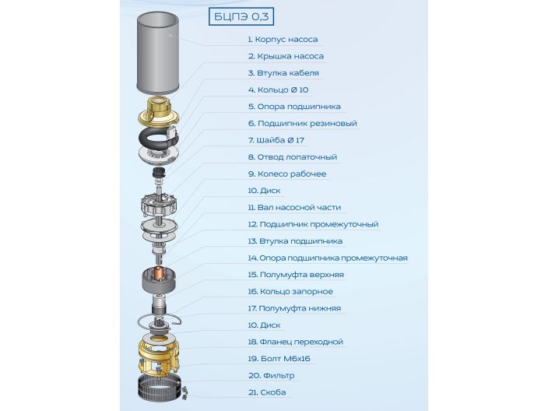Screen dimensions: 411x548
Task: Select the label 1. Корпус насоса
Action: (x=283, y=40)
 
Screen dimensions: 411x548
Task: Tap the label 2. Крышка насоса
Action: (x=286, y=57)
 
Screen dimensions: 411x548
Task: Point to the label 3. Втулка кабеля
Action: (x=283, y=73)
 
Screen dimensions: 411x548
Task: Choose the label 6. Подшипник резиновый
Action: (x=302, y=124)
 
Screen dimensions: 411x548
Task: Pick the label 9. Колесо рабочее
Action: (x=286, y=174)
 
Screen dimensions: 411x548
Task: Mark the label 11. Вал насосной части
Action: (x=294, y=208)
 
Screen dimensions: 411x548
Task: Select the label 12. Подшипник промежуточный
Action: (x=313, y=225)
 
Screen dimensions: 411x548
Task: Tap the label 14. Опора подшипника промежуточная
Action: (x=328, y=258)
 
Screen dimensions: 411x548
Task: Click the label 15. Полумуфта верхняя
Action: (x=296, y=275)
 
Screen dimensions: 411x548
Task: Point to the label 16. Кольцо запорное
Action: (x=290, y=292)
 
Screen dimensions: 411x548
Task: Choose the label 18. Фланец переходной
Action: (x=295, y=342)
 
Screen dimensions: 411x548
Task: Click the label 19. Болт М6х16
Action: (x=279, y=359)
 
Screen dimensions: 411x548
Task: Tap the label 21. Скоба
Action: (x=267, y=393)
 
